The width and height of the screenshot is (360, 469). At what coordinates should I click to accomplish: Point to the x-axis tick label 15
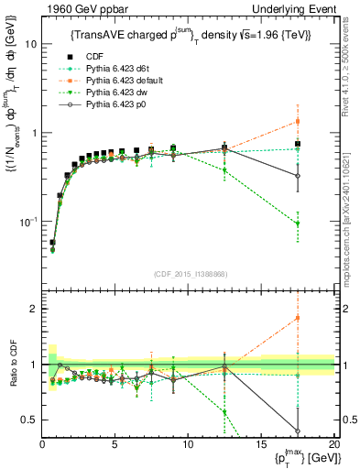(261, 444)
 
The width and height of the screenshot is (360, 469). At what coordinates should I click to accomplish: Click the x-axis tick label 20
(333, 444)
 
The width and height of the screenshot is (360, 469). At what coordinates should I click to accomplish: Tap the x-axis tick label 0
(42, 444)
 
